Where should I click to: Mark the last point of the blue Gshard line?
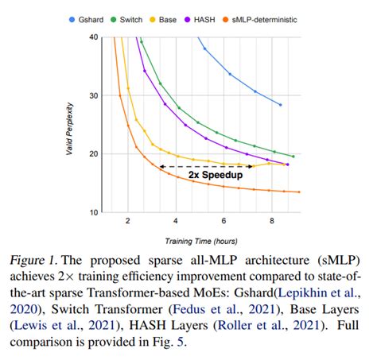[x=280, y=105]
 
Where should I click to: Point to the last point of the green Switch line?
[x=293, y=157]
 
